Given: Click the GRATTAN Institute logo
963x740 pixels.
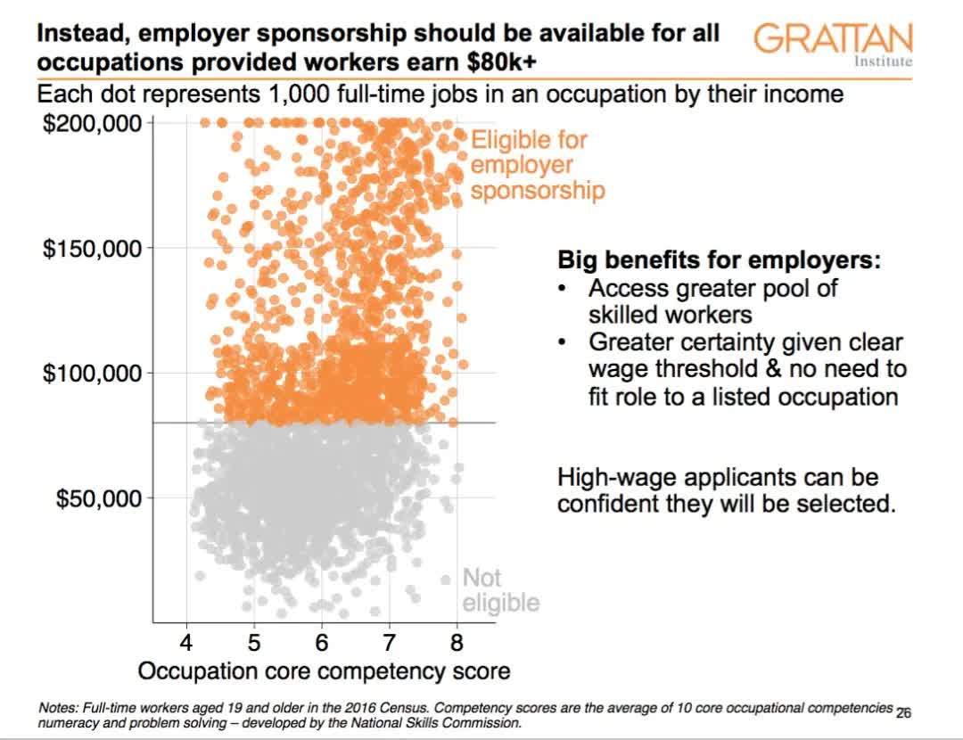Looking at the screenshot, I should coord(833,44).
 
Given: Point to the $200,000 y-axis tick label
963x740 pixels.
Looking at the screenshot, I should coord(92,122).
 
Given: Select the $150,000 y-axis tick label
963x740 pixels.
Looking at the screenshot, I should coord(92,248).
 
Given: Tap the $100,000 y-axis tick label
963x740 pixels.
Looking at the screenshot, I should coord(92,373).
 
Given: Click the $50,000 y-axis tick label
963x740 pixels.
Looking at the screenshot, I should coord(98,497).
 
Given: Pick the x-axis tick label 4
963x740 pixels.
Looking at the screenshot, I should coord(186,643).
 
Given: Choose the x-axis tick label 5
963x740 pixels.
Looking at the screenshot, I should coord(254,643).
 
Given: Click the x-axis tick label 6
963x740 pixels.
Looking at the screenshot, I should coord(322,643).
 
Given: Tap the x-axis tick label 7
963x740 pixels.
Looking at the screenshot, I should coord(389,643).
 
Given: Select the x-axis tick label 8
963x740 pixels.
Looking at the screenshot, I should coord(457,643).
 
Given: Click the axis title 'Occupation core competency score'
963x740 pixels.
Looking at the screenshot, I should coord(325,671).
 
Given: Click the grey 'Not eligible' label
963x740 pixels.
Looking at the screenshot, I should coord(499,590).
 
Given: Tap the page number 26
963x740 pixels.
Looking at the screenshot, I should coord(903,713).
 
